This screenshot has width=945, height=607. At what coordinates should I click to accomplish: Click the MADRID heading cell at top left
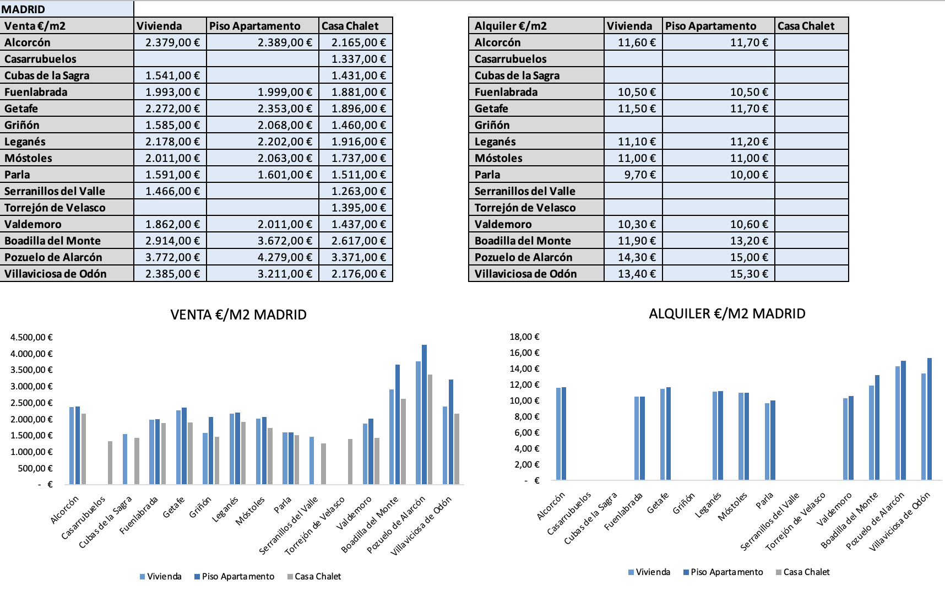click(x=67, y=9)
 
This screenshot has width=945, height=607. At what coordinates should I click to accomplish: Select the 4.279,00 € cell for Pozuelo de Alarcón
click(x=263, y=257)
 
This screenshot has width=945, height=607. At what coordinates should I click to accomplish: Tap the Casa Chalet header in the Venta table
click(x=356, y=26)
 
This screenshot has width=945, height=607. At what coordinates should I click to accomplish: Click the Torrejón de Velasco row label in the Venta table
click(x=67, y=208)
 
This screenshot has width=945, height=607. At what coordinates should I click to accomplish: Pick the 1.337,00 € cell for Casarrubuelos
click(x=356, y=59)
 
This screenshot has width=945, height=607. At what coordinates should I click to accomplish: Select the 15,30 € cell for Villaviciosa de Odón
click(x=719, y=274)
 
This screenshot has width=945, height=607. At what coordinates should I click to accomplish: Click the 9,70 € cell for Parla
click(x=633, y=175)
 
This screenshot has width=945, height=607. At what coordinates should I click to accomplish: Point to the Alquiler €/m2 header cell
click(x=536, y=26)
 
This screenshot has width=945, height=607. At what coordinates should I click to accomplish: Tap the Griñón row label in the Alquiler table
click(x=536, y=125)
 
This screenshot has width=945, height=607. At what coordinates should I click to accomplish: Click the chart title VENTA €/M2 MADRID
click(x=238, y=315)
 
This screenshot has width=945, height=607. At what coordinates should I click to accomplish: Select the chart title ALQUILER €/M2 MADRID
click(x=727, y=313)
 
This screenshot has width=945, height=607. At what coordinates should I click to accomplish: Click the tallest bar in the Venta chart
click(x=424, y=415)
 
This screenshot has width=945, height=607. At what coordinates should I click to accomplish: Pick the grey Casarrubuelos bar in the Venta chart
click(x=110, y=463)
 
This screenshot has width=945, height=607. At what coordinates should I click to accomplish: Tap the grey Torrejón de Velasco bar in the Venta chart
click(x=350, y=462)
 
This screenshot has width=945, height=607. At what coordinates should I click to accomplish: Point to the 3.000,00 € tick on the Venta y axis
click(x=31, y=386)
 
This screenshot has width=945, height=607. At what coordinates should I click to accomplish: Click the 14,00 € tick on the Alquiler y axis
click(x=524, y=368)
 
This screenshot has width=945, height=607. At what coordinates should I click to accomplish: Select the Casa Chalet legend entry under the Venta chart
click(x=314, y=576)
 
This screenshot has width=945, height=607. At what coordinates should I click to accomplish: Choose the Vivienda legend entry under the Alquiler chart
click(x=649, y=572)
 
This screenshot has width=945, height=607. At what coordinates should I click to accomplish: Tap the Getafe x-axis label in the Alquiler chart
click(x=658, y=503)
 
